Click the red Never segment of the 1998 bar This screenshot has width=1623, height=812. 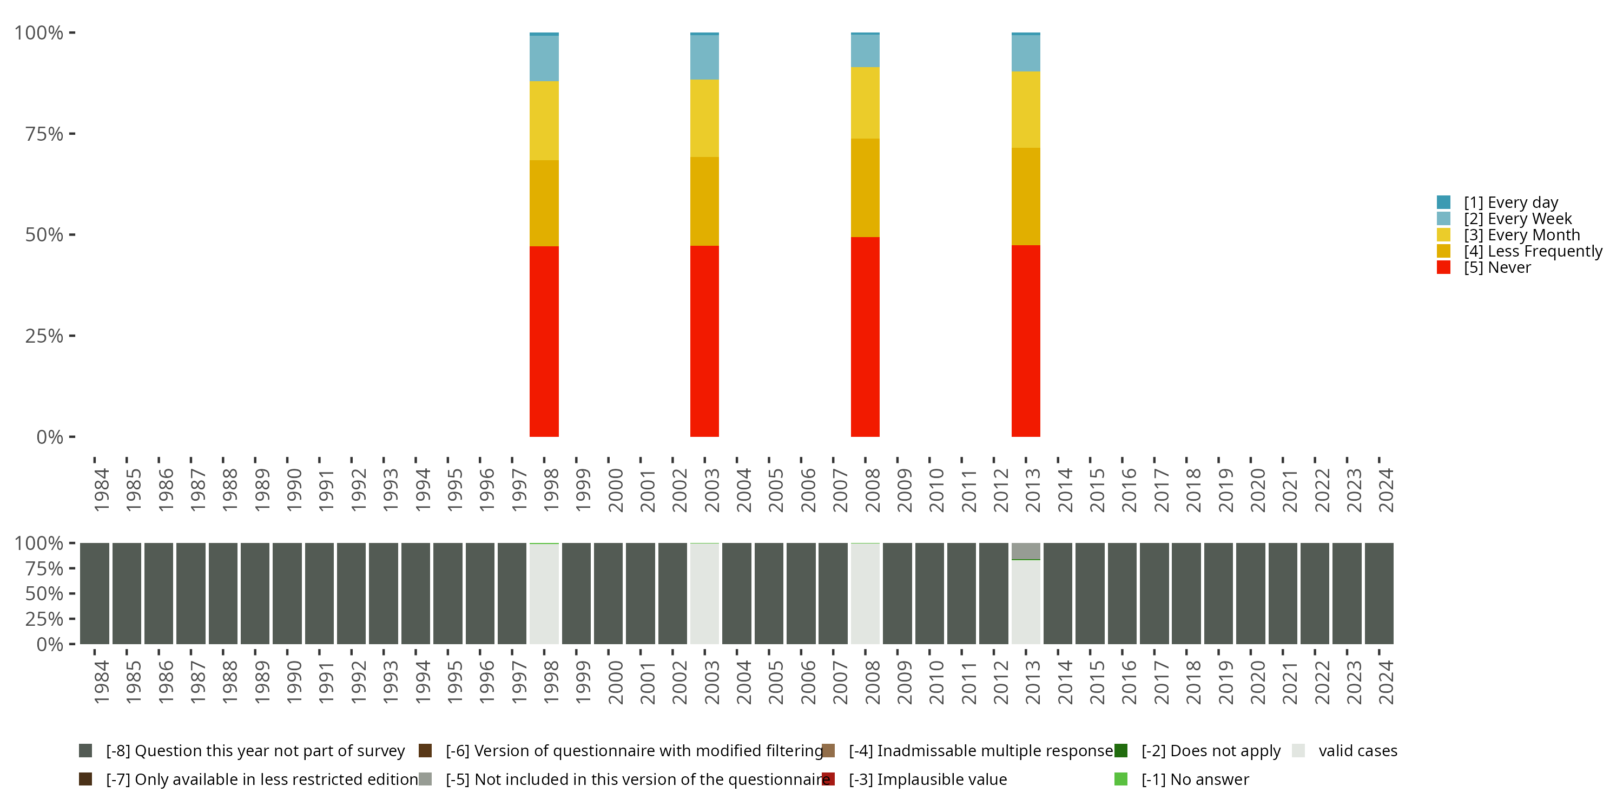click(x=544, y=341)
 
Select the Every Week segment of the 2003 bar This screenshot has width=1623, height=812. click(x=704, y=57)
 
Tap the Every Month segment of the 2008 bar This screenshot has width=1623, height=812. click(x=865, y=103)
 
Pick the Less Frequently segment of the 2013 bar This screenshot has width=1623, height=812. click(x=1026, y=196)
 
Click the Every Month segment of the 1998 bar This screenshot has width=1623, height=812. click(x=544, y=120)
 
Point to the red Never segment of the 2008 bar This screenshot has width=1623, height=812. click(x=865, y=337)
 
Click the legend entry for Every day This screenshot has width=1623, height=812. click(x=1510, y=202)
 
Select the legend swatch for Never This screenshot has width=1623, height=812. click(x=1443, y=267)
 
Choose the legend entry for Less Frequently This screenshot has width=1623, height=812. click(x=1532, y=251)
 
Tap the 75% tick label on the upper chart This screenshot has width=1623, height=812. click(x=44, y=134)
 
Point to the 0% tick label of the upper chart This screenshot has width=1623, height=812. click(x=50, y=437)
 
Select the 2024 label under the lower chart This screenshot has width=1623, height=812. click(x=1386, y=682)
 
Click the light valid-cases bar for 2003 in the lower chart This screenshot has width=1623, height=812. click(x=704, y=594)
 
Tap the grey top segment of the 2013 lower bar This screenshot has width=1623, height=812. click(x=1026, y=551)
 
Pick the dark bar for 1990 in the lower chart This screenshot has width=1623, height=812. click(x=287, y=594)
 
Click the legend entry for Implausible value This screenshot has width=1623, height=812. click(x=941, y=779)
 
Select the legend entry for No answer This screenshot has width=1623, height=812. click(x=1195, y=779)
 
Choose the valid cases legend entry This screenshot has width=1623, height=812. click(x=1357, y=751)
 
